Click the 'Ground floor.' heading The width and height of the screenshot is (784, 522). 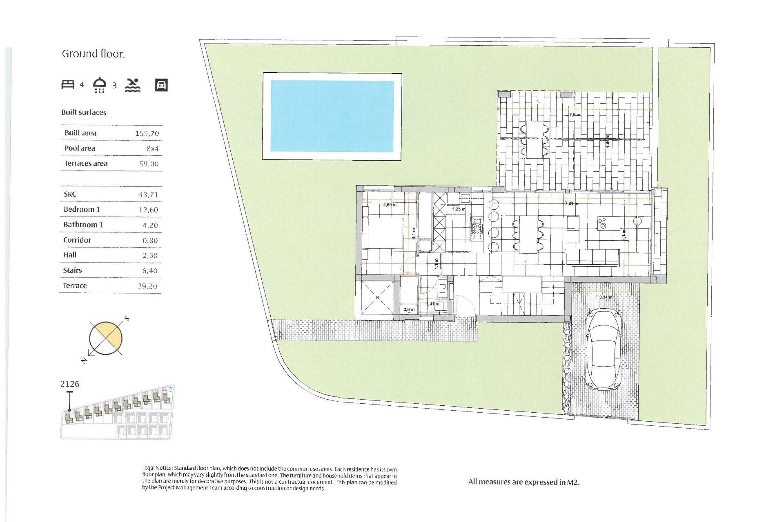tap(93, 54)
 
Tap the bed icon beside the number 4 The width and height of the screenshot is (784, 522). tap(68, 84)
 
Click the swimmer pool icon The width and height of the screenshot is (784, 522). tap(133, 85)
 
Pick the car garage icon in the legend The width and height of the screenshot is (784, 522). tap(161, 85)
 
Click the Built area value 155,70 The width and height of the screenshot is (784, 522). tap(147, 133)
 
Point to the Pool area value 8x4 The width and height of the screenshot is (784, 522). tap(152, 149)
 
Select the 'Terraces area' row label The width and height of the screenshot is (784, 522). tap(86, 164)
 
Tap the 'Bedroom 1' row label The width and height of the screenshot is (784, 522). tap(82, 210)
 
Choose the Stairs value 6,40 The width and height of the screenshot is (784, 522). tap(149, 271)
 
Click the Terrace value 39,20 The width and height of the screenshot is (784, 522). tap(147, 286)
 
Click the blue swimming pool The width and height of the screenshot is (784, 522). tap(332, 116)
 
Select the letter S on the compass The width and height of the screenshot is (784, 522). tap(127, 318)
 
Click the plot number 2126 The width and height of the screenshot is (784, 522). tap(70, 384)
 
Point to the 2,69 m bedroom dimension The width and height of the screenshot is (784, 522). tap(390, 205)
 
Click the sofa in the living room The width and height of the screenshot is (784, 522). tap(592, 257)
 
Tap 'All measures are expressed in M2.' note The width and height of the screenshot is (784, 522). tap(524, 482)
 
